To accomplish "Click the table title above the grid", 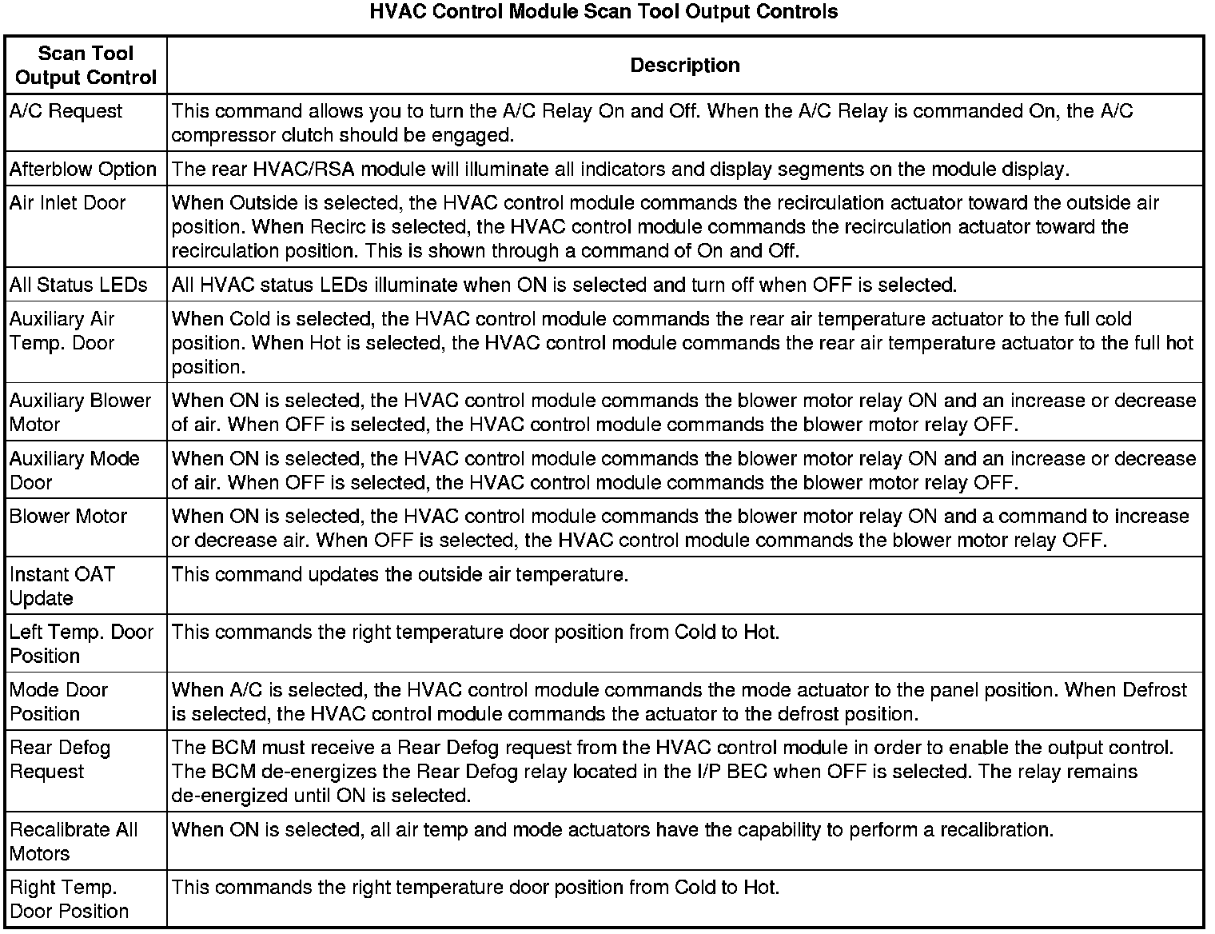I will tap(604, 12).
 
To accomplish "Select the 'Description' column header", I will tap(685, 66).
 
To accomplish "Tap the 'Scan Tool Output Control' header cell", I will tap(86, 66).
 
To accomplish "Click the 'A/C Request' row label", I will tap(66, 111).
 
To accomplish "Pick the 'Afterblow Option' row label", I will tap(82, 170).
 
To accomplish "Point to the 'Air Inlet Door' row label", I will tap(67, 203).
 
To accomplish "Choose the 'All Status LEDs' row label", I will tap(78, 285).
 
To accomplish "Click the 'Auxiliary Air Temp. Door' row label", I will tap(62, 331).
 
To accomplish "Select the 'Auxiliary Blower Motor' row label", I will tap(79, 413).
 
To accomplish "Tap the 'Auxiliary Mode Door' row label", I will tap(74, 470).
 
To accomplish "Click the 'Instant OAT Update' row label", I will tap(62, 586).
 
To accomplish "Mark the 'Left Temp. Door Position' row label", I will tap(81, 644).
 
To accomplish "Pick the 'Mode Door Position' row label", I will tap(58, 701).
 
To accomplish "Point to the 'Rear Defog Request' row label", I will tap(59, 760).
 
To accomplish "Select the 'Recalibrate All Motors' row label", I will tap(74, 841).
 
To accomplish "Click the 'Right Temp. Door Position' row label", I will tap(69, 899).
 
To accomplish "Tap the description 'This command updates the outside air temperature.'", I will tap(400, 575).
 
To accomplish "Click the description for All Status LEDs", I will tap(564, 285).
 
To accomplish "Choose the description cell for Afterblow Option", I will tap(619, 170).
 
